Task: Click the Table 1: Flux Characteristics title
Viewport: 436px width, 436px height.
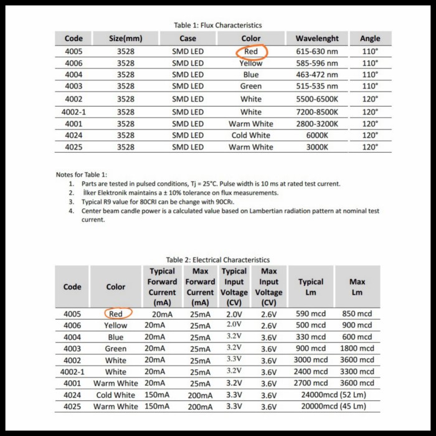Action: pos(218,25)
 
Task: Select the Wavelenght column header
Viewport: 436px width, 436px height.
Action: pos(317,39)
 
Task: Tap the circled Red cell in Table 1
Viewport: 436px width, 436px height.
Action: pos(251,52)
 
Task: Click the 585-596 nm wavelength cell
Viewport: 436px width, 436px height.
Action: pos(317,63)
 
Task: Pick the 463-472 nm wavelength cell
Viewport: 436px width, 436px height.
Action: pos(317,75)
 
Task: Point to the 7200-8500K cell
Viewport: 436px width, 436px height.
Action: pos(317,111)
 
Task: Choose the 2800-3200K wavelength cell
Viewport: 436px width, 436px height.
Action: pos(317,123)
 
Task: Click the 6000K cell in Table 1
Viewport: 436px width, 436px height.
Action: pos(317,135)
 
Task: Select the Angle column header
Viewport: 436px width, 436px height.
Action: pos(370,39)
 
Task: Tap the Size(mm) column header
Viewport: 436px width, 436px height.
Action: pos(126,39)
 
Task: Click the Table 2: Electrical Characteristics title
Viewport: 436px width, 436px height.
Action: pos(218,259)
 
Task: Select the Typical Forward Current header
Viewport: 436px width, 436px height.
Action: pos(162,287)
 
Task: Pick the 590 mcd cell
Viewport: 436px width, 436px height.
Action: pos(311,313)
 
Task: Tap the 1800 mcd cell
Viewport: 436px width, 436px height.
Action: pos(358,348)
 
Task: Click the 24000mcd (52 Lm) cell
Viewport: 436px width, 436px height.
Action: pos(334,395)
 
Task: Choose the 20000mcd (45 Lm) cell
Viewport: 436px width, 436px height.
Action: pos(334,407)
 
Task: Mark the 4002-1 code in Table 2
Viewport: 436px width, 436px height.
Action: pos(72,372)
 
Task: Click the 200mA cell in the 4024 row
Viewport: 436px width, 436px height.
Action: pos(200,395)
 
